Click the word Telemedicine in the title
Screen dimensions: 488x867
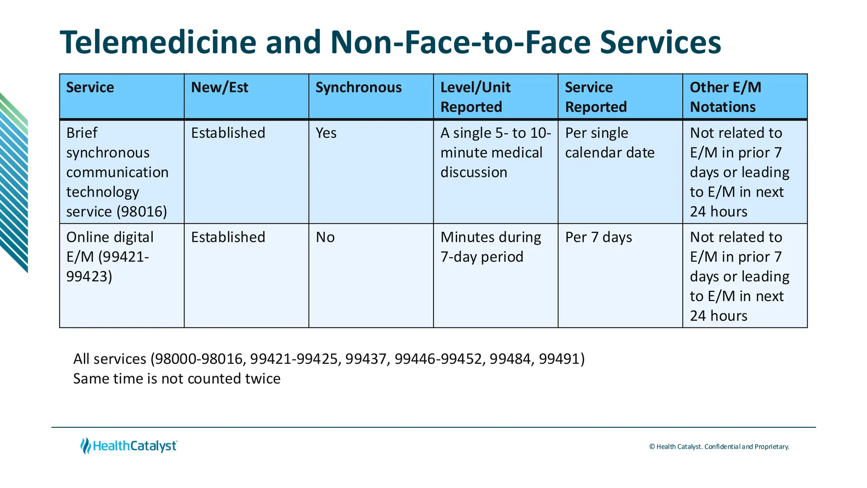tap(158, 42)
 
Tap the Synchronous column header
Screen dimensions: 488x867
tap(359, 87)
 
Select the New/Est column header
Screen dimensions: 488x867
tap(220, 87)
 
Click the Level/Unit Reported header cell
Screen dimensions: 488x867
tap(475, 97)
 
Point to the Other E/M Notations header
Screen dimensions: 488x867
tap(726, 97)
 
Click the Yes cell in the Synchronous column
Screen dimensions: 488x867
tap(326, 133)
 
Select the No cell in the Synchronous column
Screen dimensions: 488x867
tap(325, 237)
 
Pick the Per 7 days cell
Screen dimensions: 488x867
tap(599, 237)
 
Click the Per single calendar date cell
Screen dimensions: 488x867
tap(610, 143)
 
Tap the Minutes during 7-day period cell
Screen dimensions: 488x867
tap(491, 247)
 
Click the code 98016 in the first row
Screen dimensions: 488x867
tap(141, 211)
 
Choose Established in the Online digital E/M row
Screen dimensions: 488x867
tap(228, 237)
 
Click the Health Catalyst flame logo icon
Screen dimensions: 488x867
tap(86, 446)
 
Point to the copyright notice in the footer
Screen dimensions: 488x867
tap(719, 446)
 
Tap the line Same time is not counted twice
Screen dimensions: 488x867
tap(177, 378)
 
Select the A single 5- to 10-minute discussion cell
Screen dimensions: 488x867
tap(495, 152)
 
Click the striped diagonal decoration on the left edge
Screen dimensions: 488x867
tap(14, 182)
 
